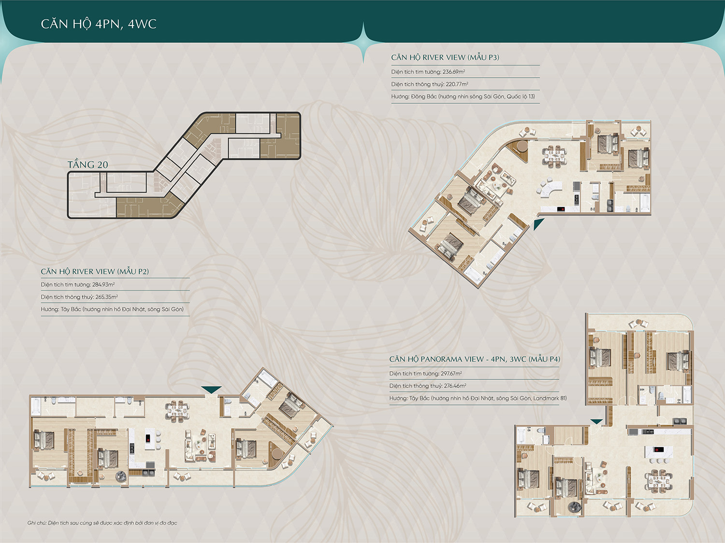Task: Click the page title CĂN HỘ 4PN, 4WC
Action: [99, 24]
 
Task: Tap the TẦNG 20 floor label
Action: [88, 165]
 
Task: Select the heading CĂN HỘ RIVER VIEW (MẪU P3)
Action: [445, 57]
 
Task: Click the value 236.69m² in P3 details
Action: [454, 71]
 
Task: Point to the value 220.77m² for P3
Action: [457, 84]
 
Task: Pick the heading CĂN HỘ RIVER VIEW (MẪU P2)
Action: [95, 271]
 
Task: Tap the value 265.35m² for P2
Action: [107, 297]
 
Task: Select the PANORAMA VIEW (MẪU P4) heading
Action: [475, 359]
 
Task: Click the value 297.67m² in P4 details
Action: [451, 374]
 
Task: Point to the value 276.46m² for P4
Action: [455, 386]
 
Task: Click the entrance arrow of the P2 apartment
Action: [211, 390]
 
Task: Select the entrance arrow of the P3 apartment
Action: [538, 224]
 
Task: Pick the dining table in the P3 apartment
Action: [554, 154]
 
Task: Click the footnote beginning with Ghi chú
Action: [102, 523]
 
